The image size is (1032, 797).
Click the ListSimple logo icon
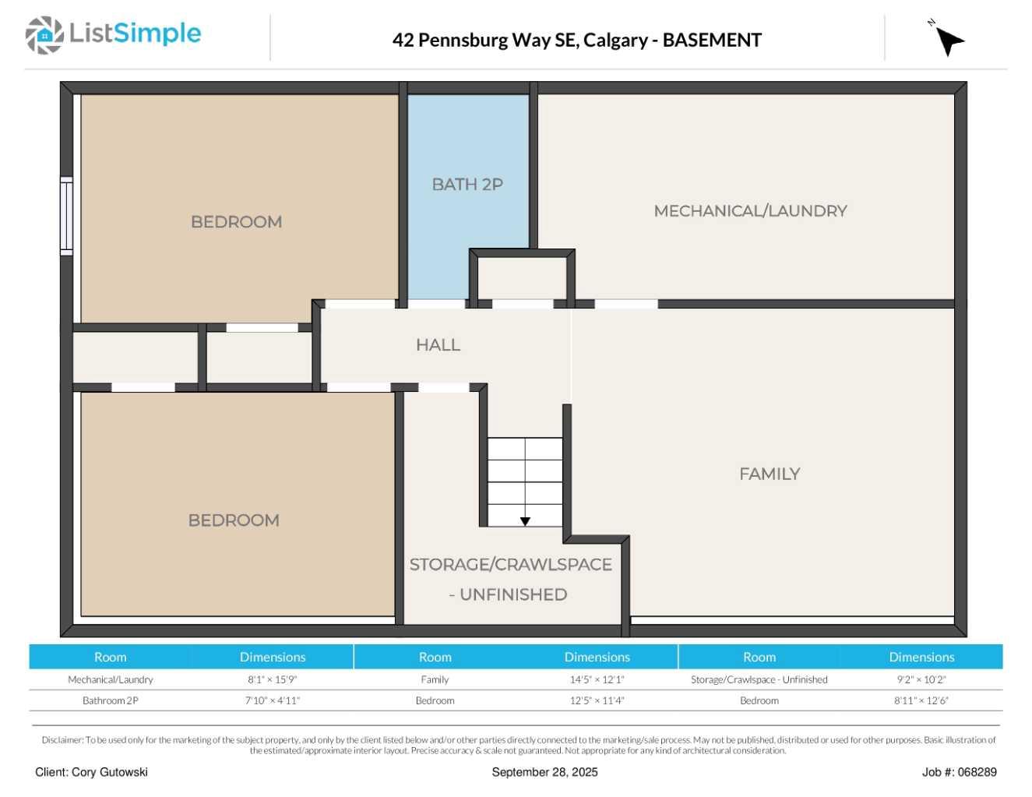[44, 35]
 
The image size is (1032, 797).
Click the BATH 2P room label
[467, 185]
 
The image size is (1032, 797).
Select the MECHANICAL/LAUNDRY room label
[750, 211]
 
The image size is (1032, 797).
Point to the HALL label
[438, 345]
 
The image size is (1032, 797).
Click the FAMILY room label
[770, 474]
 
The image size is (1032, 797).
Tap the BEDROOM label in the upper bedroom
[236, 222]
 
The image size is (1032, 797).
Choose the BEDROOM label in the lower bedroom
[234, 520]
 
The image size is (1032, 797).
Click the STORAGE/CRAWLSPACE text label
[510, 565]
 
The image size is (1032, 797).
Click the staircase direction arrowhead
[525, 521]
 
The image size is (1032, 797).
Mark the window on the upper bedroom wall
[67, 216]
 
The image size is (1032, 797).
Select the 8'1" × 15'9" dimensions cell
[272, 679]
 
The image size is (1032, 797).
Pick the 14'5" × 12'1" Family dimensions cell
[597, 679]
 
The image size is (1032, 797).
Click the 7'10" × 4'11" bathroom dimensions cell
[272, 700]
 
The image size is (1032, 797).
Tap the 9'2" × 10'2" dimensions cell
[921, 679]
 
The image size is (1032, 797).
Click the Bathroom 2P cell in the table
[111, 700]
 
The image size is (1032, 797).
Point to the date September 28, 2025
[544, 772]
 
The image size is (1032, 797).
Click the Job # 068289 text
[959, 772]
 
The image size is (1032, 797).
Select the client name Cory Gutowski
[91, 772]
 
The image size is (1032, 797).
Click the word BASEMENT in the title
[712, 41]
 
